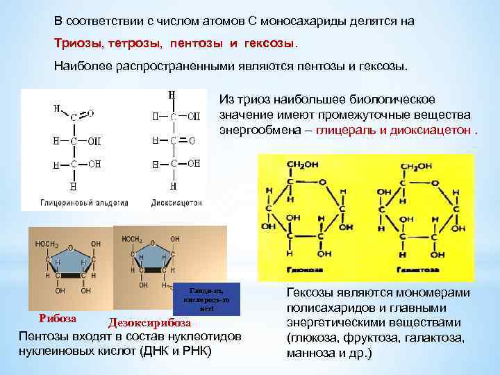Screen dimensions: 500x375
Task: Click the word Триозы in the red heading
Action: tap(78, 44)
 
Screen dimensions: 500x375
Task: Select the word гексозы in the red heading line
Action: tap(267, 44)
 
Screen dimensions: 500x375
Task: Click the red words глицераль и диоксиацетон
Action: tap(393, 129)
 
